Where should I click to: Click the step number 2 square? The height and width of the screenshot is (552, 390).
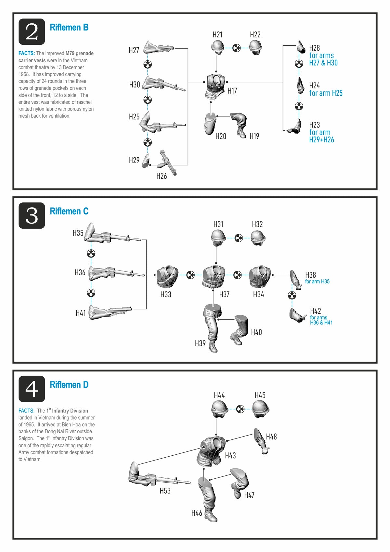(32, 32)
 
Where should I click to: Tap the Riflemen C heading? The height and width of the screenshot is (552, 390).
(69, 211)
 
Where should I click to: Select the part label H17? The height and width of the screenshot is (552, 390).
(232, 91)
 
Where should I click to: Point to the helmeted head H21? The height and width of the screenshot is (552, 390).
(217, 47)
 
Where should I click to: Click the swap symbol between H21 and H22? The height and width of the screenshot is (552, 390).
(237, 48)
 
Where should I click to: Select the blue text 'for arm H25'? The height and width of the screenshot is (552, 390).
(326, 93)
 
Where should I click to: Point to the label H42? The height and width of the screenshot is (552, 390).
(315, 311)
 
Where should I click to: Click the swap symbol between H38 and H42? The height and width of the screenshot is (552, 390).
(292, 295)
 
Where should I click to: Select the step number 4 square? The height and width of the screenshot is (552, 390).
(32, 389)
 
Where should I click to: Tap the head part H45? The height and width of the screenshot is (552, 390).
(261, 409)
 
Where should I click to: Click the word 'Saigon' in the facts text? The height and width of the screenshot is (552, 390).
(26, 438)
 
